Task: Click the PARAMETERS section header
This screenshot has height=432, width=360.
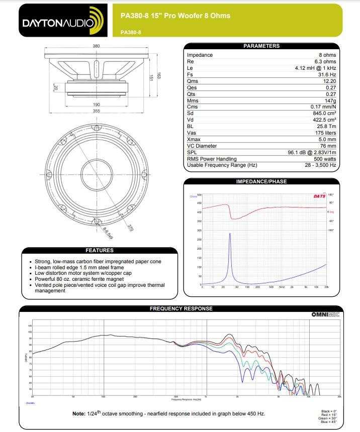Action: pyautogui.click(x=261, y=46)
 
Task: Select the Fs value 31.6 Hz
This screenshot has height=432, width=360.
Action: pyautogui.click(x=326, y=74)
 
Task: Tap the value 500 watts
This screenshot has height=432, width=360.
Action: pyautogui.click(x=324, y=159)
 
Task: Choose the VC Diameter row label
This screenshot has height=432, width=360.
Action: pyautogui.click(x=202, y=146)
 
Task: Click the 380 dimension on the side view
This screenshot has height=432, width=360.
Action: pyautogui.click(x=96, y=45)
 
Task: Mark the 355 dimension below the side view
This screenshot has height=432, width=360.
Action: pyautogui.click(x=96, y=111)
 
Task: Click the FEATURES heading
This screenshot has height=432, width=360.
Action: pyautogui.click(x=100, y=250)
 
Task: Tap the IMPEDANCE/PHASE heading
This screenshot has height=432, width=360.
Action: pyautogui.click(x=261, y=181)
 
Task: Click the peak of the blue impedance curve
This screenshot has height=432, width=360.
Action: pyautogui.click(x=230, y=234)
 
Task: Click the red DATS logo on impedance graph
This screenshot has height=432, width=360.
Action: pyautogui.click(x=319, y=196)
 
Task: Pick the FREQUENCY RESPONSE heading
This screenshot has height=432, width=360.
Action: pyautogui.click(x=181, y=308)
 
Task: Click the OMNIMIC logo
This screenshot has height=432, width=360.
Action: pyautogui.click(x=326, y=315)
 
